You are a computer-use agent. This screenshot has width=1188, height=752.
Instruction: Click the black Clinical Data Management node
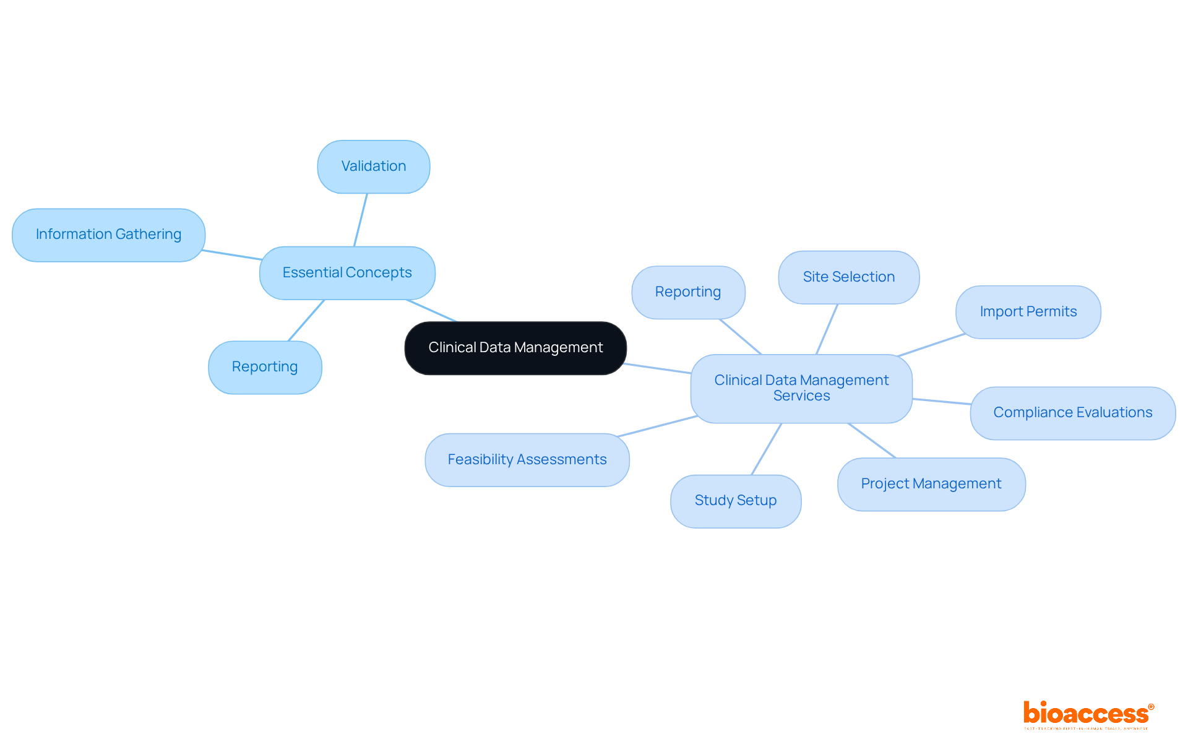pyautogui.click(x=515, y=348)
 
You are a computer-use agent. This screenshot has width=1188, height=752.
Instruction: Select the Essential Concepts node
pyautogui.click(x=347, y=273)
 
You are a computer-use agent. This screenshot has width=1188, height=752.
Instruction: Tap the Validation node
pyautogui.click(x=374, y=166)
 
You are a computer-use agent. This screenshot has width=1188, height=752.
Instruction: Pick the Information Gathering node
pyautogui.click(x=108, y=235)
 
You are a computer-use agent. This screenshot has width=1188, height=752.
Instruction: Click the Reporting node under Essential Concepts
pyautogui.click(x=265, y=367)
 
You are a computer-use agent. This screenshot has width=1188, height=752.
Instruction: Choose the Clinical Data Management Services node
pyautogui.click(x=801, y=388)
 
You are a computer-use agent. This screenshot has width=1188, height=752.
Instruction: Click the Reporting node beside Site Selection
pyautogui.click(x=688, y=292)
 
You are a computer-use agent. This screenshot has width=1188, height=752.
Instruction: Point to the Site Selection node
pyautogui.click(x=848, y=277)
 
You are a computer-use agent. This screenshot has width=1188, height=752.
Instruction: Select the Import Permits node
pyautogui.click(x=1028, y=312)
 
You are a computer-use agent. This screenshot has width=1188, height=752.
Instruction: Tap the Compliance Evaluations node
pyautogui.click(x=1072, y=413)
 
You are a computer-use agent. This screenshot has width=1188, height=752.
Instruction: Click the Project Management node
pyautogui.click(x=931, y=484)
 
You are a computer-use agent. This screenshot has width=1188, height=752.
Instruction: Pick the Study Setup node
pyautogui.click(x=735, y=501)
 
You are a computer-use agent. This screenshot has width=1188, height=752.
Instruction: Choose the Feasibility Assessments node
pyautogui.click(x=527, y=460)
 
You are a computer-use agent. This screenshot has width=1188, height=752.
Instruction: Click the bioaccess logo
pyautogui.click(x=1088, y=714)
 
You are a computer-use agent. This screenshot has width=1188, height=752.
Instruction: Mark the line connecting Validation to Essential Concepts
pyautogui.click(x=361, y=220)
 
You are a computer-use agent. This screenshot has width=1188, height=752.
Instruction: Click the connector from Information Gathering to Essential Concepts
pyautogui.click(x=232, y=255)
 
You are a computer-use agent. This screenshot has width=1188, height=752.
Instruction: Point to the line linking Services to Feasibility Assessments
pyautogui.click(x=658, y=426)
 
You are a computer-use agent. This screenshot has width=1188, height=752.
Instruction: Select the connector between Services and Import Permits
pyautogui.click(x=931, y=345)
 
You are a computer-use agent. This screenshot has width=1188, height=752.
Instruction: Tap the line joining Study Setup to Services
pyautogui.click(x=767, y=449)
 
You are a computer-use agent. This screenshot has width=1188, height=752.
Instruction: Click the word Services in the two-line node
pyautogui.click(x=801, y=396)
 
